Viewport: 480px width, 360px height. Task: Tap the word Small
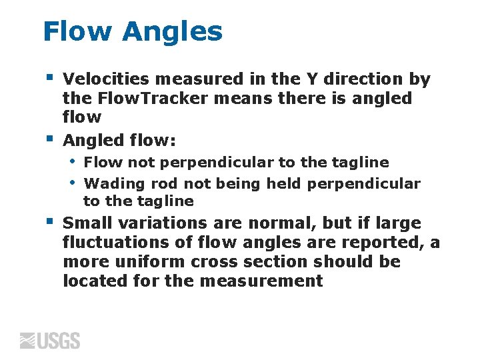(x=87, y=223)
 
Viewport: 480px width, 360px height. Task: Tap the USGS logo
(x=50, y=340)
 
